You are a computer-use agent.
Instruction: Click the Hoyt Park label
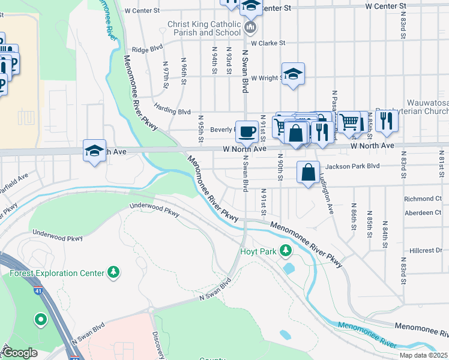pyautogui.click(x=258, y=251)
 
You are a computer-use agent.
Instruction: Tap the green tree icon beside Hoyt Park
pyautogui.click(x=287, y=250)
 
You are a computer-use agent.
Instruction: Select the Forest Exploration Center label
pyautogui.click(x=57, y=273)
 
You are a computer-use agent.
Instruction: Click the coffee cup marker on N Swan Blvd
pyautogui.click(x=246, y=131)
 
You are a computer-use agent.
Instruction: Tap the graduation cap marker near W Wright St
pyautogui.click(x=292, y=74)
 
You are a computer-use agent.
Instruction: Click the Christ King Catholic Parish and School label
pyautogui.click(x=205, y=28)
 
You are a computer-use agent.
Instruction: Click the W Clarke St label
pyautogui.click(x=268, y=43)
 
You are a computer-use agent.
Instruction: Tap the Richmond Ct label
pyautogui.click(x=423, y=199)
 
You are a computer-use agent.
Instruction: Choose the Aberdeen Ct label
pyautogui.click(x=423, y=212)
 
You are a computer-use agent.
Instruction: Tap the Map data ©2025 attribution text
pyautogui.click(x=423, y=355)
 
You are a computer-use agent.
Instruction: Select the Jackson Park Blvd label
pyautogui.click(x=352, y=166)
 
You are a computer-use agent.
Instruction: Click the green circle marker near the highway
pyautogui.click(x=41, y=320)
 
